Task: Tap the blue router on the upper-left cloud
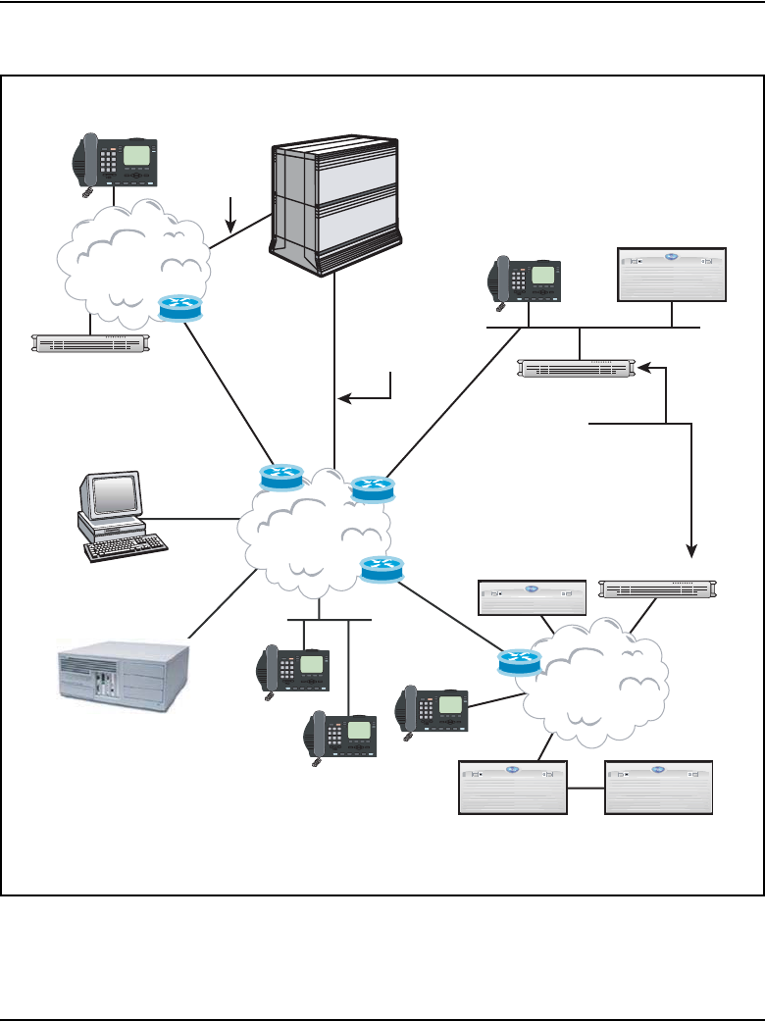[179, 308]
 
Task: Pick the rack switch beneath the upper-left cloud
[90, 342]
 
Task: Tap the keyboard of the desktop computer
[126, 547]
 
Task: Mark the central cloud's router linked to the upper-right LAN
[371, 487]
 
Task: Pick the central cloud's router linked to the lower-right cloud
[381, 568]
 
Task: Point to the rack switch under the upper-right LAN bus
[577, 369]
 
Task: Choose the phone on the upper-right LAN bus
[526, 281]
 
